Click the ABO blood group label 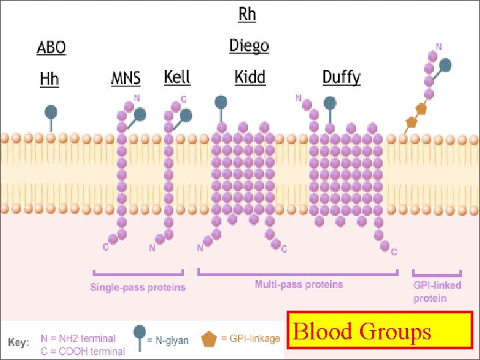tap(51, 47)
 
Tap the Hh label tap(49, 79)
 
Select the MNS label tap(126, 78)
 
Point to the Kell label tap(177, 76)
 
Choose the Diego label tap(249, 45)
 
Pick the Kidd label tap(250, 77)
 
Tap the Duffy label tap(341, 77)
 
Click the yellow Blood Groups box tap(379, 331)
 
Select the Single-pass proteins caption tap(138, 287)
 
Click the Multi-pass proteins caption tap(299, 285)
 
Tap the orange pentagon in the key tap(209, 339)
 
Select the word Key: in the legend tap(19, 343)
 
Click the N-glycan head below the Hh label tap(50, 111)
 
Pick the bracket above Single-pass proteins tap(138, 273)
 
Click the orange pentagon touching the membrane tap(411, 123)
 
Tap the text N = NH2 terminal tap(78, 339)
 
